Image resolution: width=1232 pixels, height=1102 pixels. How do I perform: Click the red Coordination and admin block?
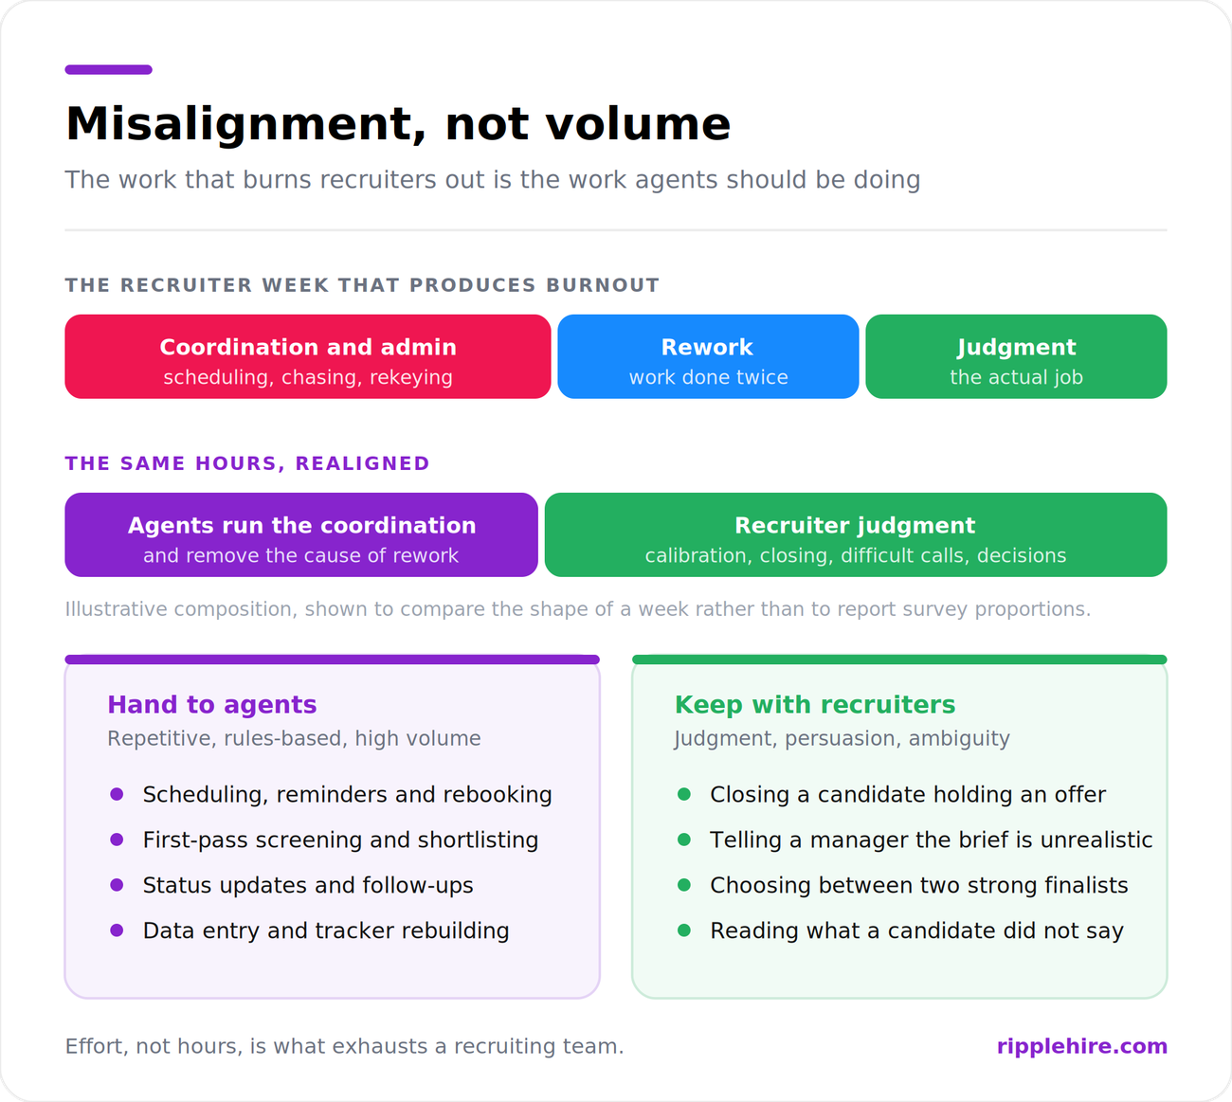[x=308, y=356]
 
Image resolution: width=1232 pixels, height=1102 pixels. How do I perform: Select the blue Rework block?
[x=708, y=356]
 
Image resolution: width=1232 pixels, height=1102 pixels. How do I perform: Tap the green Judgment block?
[x=1016, y=356]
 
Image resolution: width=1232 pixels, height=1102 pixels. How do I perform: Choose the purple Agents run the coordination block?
[x=301, y=534]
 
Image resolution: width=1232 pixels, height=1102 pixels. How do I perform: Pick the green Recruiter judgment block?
[x=856, y=534]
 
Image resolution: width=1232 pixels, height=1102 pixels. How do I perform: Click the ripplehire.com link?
[x=1082, y=1046]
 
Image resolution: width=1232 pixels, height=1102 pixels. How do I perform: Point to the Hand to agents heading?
[x=212, y=704]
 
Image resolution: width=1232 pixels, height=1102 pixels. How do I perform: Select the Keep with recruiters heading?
[x=815, y=704]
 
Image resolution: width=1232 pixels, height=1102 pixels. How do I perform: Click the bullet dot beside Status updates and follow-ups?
[x=117, y=885]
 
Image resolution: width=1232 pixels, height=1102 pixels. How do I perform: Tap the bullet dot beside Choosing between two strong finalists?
[x=684, y=885]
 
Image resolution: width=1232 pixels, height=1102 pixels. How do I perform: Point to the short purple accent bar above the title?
[x=108, y=69]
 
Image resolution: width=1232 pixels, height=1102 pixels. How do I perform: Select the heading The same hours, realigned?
[x=247, y=463]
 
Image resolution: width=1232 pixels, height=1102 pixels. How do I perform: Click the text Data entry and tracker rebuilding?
[x=326, y=930]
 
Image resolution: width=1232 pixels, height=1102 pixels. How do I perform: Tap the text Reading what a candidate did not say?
[x=917, y=930]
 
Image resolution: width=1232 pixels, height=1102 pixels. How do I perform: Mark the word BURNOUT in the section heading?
[x=603, y=285]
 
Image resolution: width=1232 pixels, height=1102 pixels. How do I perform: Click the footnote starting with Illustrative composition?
[x=578, y=608]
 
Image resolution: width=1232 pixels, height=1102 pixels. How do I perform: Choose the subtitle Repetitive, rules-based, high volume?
[x=294, y=738]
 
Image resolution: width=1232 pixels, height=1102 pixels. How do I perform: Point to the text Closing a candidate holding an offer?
[x=908, y=794]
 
